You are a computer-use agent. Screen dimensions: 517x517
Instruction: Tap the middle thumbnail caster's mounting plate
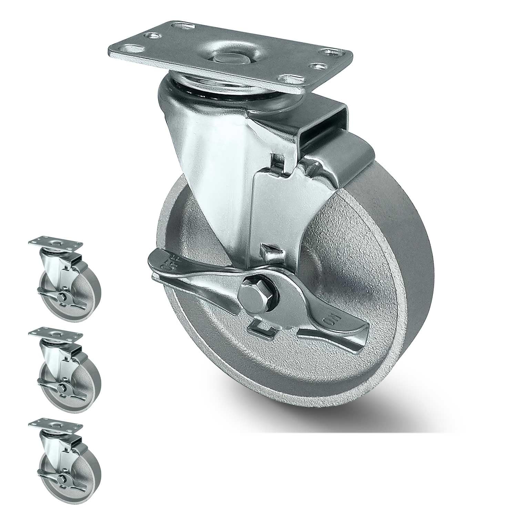[56, 333]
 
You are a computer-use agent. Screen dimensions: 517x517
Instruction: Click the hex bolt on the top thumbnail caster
[62, 297]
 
